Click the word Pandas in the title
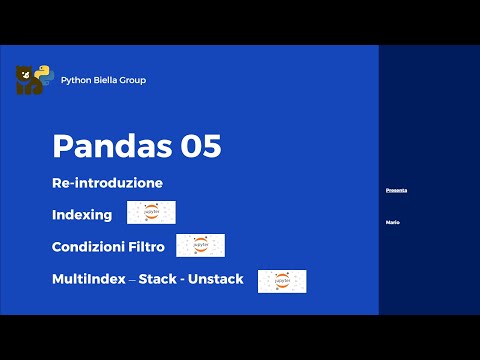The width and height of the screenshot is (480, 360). point(110,146)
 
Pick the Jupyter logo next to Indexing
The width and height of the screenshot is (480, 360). point(152,212)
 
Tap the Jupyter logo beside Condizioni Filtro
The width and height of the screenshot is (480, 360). point(200,245)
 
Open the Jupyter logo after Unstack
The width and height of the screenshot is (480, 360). point(282,281)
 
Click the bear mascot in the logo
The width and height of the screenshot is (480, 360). point(28,81)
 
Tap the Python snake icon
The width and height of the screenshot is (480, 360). point(44,75)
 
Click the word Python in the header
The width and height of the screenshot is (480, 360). point(76,80)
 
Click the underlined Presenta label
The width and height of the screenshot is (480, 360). point(396,190)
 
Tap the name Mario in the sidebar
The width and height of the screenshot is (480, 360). point(392,221)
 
